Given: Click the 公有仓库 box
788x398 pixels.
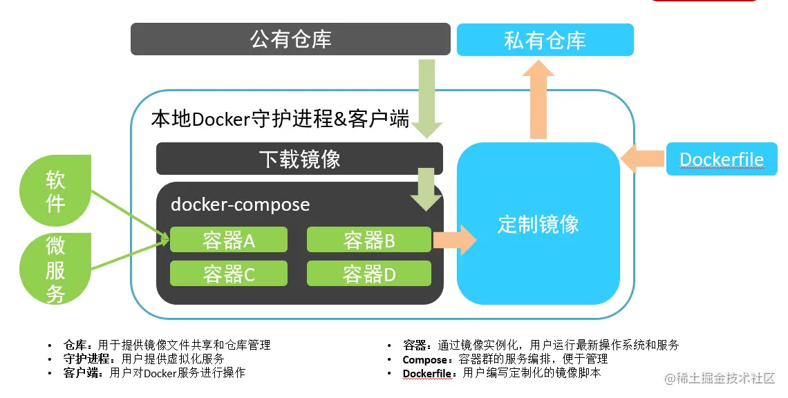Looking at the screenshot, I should coord(290,39).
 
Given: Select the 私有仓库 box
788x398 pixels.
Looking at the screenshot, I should coord(545,40).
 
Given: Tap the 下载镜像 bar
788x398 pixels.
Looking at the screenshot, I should coord(299,159).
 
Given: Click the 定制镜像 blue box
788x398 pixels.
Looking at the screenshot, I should coord(538,224).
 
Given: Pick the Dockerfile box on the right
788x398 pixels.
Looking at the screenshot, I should coord(722,159).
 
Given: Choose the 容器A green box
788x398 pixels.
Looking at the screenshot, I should coord(228,240).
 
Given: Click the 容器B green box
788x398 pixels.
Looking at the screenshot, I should coord(368,240).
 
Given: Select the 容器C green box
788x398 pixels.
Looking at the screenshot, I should coord(228,274).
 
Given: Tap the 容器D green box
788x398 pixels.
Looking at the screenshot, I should coord(368,274).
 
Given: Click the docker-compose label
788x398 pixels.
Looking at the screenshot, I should coord(240,205).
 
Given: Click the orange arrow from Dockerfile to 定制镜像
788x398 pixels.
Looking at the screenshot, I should coord(643,159).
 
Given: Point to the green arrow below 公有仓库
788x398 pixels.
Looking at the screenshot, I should coord(428,97).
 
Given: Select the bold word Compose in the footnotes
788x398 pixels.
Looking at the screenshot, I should coord(424,359).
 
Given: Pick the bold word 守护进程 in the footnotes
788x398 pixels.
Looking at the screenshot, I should coord(86,359).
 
